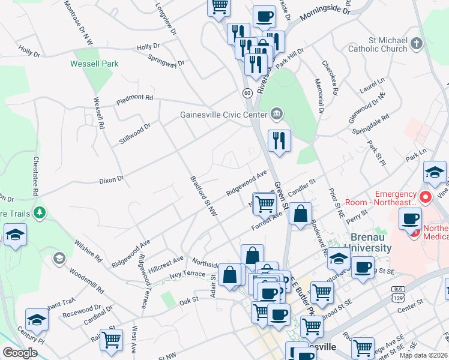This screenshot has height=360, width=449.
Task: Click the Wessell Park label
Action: click(94, 64)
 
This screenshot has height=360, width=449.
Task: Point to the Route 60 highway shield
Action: click(247, 93)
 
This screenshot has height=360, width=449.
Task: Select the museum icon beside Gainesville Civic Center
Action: click(276, 112)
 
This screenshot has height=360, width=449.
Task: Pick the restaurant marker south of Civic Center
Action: click(279, 141)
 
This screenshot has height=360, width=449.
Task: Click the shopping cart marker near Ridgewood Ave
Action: click(264, 203)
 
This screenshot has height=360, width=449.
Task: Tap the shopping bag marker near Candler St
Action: click(300, 214)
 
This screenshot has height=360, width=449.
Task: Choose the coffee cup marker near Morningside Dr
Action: click(264, 17)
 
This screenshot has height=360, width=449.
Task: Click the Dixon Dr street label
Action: click(111, 179)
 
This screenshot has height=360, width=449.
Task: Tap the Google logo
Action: click(20, 353)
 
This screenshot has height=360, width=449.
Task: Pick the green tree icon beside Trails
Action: click(40, 212)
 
